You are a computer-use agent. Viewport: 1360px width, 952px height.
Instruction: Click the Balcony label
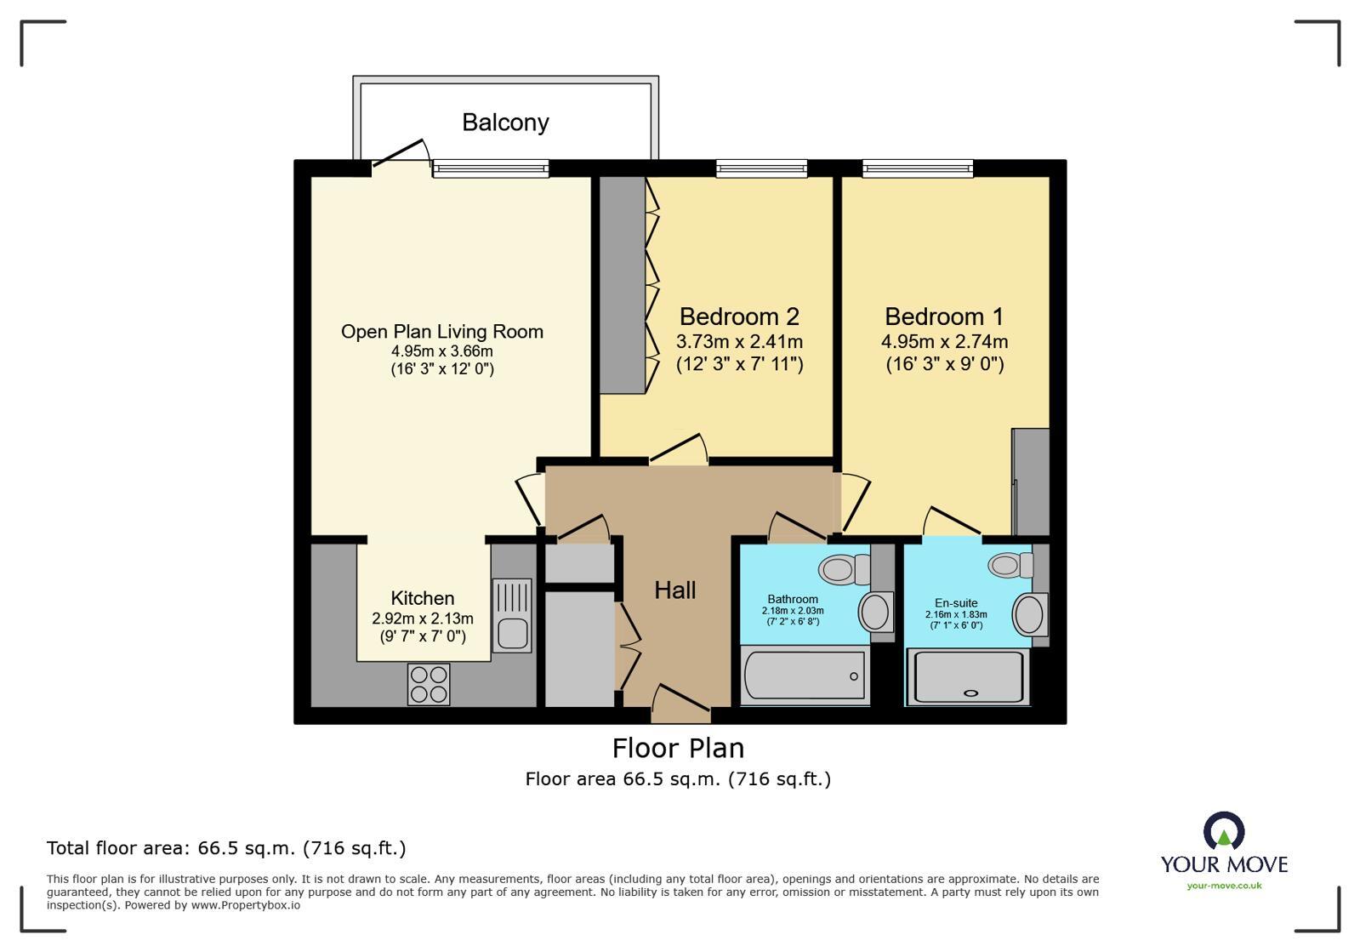tap(505, 123)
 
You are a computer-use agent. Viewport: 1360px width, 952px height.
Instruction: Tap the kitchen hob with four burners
tap(429, 684)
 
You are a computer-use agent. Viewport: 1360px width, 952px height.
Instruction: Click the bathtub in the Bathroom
tap(805, 676)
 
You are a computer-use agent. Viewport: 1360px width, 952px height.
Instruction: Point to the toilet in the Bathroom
tap(846, 568)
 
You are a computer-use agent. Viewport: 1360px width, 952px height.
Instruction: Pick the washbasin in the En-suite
tap(1030, 613)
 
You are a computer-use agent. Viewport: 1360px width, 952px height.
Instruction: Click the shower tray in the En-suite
tap(967, 676)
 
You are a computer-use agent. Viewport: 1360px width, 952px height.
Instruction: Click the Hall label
tap(675, 590)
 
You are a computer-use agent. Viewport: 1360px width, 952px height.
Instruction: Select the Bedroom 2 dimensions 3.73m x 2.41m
tap(739, 342)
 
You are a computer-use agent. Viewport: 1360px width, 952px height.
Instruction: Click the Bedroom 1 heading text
tap(944, 316)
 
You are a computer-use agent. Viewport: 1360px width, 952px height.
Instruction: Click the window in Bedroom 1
tap(917, 168)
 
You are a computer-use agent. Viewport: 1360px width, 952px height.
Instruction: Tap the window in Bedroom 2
tap(761, 168)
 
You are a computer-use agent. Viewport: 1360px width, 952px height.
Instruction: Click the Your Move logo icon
tap(1224, 830)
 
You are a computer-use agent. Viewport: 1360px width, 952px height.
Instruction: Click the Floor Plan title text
tap(678, 748)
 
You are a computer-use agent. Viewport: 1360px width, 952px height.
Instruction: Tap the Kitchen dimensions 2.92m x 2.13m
tap(422, 619)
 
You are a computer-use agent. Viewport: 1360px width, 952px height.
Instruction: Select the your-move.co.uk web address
tap(1224, 886)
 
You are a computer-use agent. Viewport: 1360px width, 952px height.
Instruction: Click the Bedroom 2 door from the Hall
tap(679, 448)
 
